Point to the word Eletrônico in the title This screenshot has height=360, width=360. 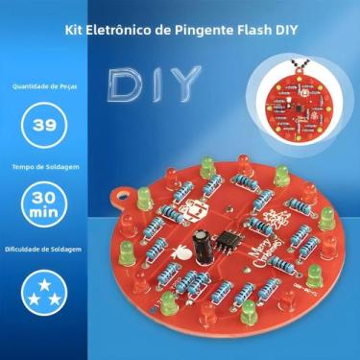click(x=122, y=30)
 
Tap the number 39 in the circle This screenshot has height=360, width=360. click(x=43, y=125)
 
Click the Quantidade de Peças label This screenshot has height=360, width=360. click(x=44, y=84)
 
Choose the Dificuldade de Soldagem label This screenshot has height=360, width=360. click(x=44, y=250)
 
